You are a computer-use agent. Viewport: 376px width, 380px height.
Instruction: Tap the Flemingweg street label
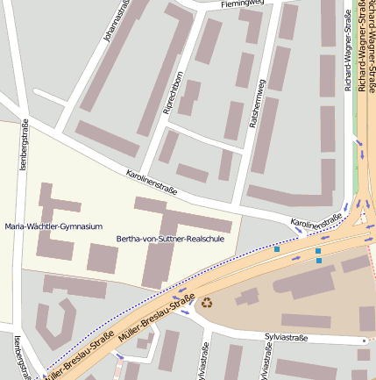pyautogui.click(x=242, y=4)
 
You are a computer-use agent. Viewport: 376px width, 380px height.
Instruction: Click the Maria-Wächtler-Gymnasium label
pyautogui.click(x=53, y=226)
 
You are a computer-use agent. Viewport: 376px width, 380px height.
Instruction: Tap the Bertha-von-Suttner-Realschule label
pyautogui.click(x=170, y=238)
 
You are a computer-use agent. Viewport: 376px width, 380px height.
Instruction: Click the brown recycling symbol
pyautogui.click(x=208, y=303)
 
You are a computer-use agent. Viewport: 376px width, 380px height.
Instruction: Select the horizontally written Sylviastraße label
pyautogui.click(x=290, y=337)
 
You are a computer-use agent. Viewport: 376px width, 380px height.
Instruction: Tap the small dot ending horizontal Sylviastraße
pyautogui.click(x=363, y=340)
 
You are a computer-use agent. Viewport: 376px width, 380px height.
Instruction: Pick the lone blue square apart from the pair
pyautogui.click(x=277, y=250)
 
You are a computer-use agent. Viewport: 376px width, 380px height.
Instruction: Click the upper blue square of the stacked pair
pyautogui.click(x=318, y=251)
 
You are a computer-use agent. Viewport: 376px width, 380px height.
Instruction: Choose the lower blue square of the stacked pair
pyautogui.click(x=318, y=261)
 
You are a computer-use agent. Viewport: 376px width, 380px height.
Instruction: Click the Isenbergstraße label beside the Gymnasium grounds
pyautogui.click(x=24, y=145)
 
